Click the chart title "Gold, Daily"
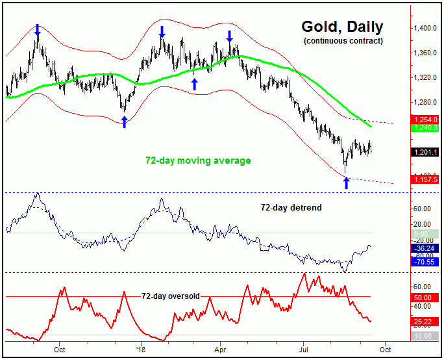[x=342, y=27]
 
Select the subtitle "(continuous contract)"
[x=343, y=42]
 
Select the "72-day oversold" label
[x=171, y=296]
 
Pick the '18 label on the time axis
[x=140, y=348]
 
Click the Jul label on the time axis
[x=303, y=348]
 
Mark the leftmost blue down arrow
[x=37, y=29]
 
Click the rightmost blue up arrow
[x=346, y=183]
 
